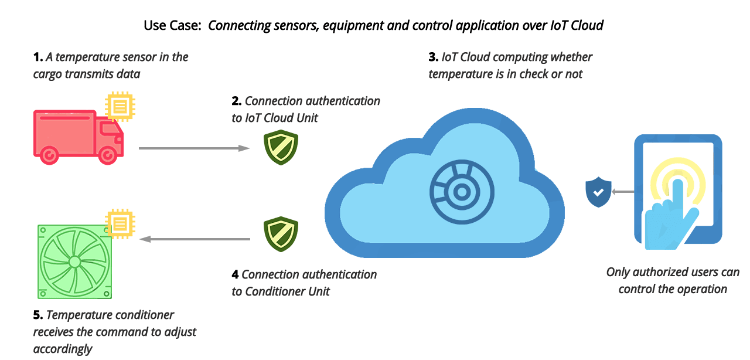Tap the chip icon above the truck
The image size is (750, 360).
coord(119,106)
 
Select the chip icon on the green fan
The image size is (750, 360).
coord(119,223)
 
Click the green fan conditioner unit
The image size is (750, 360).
coord(74,261)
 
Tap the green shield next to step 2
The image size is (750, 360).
coord(281,147)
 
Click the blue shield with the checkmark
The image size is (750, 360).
coord(598,192)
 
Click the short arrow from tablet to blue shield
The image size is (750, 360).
coord(622,192)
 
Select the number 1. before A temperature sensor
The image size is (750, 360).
coord(38,57)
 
